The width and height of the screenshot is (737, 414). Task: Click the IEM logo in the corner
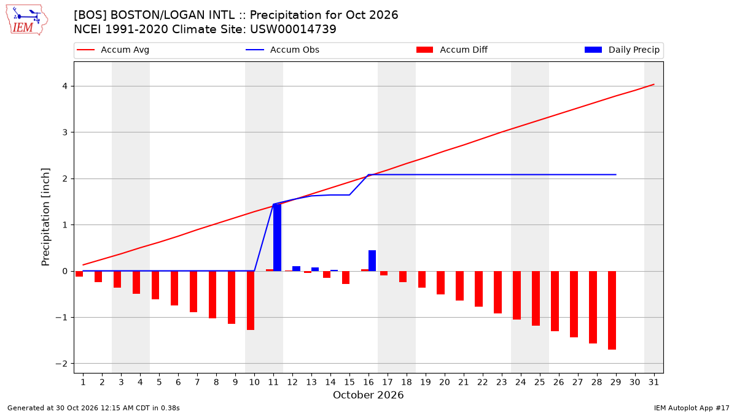(27, 20)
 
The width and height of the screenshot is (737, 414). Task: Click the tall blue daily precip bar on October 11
(278, 237)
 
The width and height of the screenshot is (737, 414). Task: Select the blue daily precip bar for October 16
(372, 261)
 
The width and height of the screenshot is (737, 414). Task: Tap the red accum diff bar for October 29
(612, 310)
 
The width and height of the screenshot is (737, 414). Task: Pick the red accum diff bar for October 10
(251, 301)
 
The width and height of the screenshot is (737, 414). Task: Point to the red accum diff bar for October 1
(79, 274)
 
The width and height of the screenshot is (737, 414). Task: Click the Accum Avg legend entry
(113, 50)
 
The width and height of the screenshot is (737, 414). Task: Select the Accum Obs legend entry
(283, 50)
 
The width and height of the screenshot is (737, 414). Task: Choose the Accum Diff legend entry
(452, 50)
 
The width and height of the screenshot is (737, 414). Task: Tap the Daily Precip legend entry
(622, 50)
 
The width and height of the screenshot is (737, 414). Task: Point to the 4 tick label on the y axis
(65, 86)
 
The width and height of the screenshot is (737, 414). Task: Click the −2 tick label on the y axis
(61, 364)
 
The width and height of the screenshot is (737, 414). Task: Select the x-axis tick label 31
(653, 382)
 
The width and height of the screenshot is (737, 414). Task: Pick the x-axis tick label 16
(368, 382)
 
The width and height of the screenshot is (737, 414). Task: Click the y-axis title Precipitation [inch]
(45, 217)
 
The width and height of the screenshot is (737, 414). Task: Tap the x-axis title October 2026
(368, 395)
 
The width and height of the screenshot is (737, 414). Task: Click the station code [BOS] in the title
(90, 15)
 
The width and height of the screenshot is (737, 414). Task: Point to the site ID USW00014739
(293, 29)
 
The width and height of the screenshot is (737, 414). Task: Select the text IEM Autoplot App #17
(692, 408)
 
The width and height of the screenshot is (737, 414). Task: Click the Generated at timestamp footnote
(93, 408)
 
